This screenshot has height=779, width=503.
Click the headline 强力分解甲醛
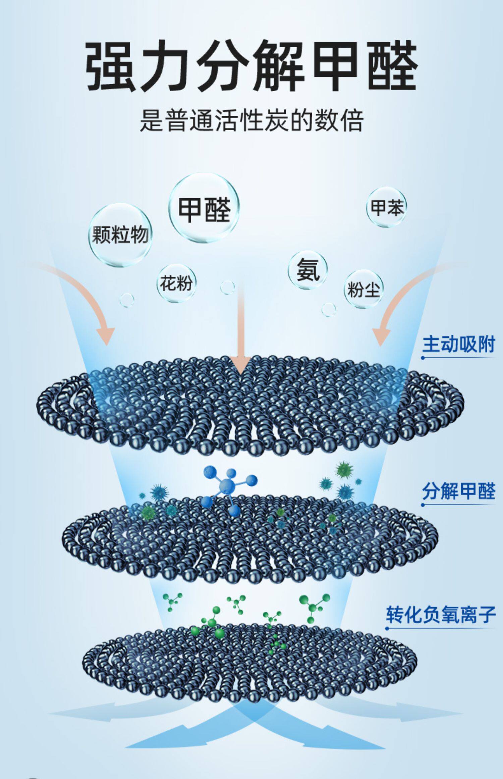251,65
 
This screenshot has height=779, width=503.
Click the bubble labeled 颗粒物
120,235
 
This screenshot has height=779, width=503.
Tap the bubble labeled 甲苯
386,207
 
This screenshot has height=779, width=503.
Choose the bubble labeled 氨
307,270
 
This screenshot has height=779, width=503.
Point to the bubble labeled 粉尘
363,289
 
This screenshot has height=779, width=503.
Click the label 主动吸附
458,345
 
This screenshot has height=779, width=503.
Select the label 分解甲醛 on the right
458,491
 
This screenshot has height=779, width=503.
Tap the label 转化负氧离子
440,614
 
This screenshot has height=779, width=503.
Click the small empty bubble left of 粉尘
328,309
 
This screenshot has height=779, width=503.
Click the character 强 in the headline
111,65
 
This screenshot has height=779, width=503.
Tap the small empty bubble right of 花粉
227,287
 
